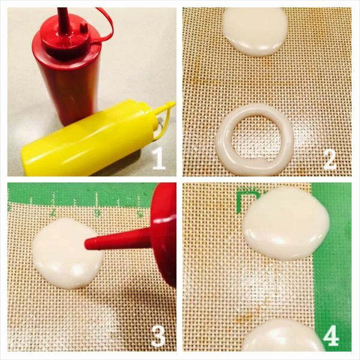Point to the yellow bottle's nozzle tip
click(173, 104)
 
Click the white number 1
click(158, 158)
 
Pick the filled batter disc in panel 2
click(255, 31)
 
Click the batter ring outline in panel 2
click(219, 147)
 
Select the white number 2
click(330, 160)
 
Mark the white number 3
click(158, 335)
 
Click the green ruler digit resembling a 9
click(98, 213)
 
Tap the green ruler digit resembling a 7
click(53, 212)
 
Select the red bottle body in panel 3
click(164, 234)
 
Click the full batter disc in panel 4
click(286, 223)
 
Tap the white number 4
click(331, 335)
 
